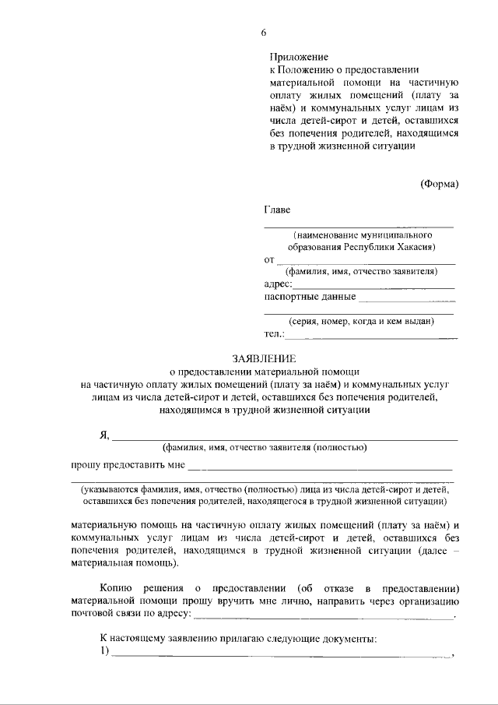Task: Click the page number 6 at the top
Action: pos(264,32)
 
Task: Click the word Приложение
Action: pos(299,57)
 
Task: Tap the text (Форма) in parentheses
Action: pos(439,184)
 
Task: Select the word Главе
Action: pos(279,210)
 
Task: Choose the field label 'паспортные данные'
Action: pos(310,297)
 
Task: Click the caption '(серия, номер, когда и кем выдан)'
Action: pos(361,321)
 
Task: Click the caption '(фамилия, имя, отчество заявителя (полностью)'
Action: pos(264,448)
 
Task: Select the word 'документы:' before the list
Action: pos(349,639)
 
